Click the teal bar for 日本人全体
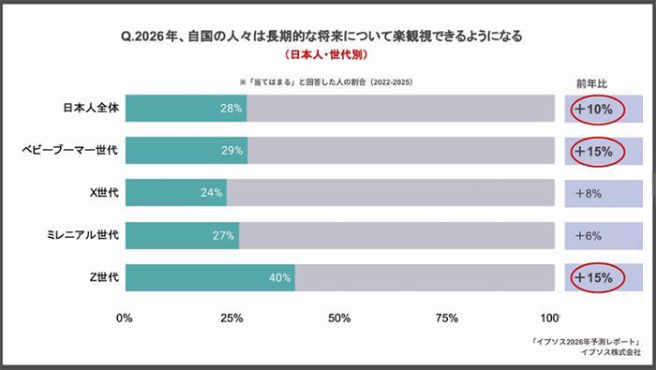pos(186,109)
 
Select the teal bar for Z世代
pos(210,277)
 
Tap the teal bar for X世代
pos(176,193)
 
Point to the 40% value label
pos(279,277)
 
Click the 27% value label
pos(223,235)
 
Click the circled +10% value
pos(593,109)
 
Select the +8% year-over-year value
pos(592,193)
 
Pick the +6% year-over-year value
pos(592,235)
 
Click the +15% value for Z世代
pos(593,277)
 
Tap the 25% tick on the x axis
pos(231,318)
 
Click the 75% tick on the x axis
pos(446,318)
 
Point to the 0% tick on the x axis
pos(124,318)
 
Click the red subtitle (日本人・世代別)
pos(327,56)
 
